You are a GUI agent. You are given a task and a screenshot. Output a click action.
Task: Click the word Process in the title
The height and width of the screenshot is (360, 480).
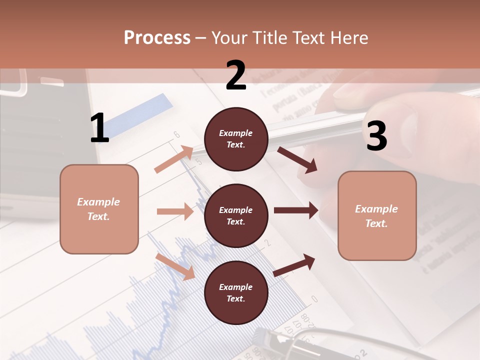157,37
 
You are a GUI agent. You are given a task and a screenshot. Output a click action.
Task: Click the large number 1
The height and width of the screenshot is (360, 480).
99,128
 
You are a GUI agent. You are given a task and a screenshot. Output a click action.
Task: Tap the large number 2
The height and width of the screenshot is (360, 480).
236,75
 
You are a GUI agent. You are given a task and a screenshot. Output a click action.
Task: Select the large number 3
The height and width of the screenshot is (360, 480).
376,136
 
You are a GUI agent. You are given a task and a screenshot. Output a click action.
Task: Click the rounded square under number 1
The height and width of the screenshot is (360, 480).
99,209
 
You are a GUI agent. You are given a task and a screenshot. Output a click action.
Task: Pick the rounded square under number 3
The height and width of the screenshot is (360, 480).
377,215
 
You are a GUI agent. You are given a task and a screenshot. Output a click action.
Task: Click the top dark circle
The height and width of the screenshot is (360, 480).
236,138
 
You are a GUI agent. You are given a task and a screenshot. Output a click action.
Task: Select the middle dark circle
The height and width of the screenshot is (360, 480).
236,215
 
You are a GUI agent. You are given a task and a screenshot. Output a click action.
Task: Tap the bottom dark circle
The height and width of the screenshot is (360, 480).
236,292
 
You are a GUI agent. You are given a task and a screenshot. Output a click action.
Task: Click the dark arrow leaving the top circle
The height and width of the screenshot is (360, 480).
297,159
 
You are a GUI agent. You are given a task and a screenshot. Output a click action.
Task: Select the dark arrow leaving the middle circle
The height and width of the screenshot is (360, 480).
295,210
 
